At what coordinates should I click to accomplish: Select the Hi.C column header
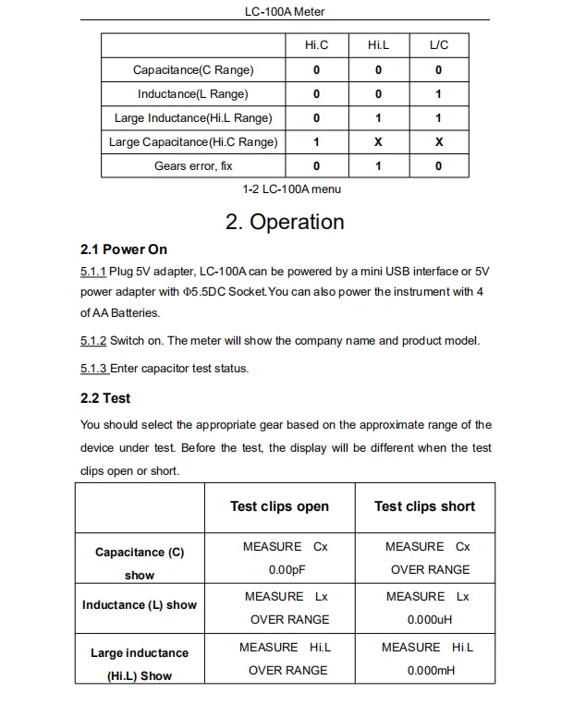tap(316, 45)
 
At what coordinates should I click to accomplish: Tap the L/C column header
tap(438, 45)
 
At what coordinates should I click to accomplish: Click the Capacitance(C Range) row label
tap(193, 69)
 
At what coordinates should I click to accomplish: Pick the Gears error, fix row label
tap(193, 166)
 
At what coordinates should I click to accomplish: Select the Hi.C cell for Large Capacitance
tap(316, 142)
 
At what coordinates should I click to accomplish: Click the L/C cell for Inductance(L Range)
tap(438, 93)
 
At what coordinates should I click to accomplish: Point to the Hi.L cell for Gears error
tap(377, 166)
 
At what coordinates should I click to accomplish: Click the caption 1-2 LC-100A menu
tap(291, 189)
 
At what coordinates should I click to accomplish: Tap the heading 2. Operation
tap(285, 222)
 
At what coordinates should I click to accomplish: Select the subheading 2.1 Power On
tap(124, 249)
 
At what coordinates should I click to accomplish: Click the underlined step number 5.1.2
tap(93, 341)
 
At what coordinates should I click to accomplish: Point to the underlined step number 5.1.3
tap(93, 369)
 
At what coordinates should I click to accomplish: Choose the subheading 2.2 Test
tap(105, 398)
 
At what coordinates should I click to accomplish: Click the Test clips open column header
tap(279, 506)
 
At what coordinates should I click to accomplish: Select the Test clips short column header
tap(424, 506)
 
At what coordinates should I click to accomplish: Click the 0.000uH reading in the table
tap(427, 620)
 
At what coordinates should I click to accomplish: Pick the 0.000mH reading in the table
tap(427, 671)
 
